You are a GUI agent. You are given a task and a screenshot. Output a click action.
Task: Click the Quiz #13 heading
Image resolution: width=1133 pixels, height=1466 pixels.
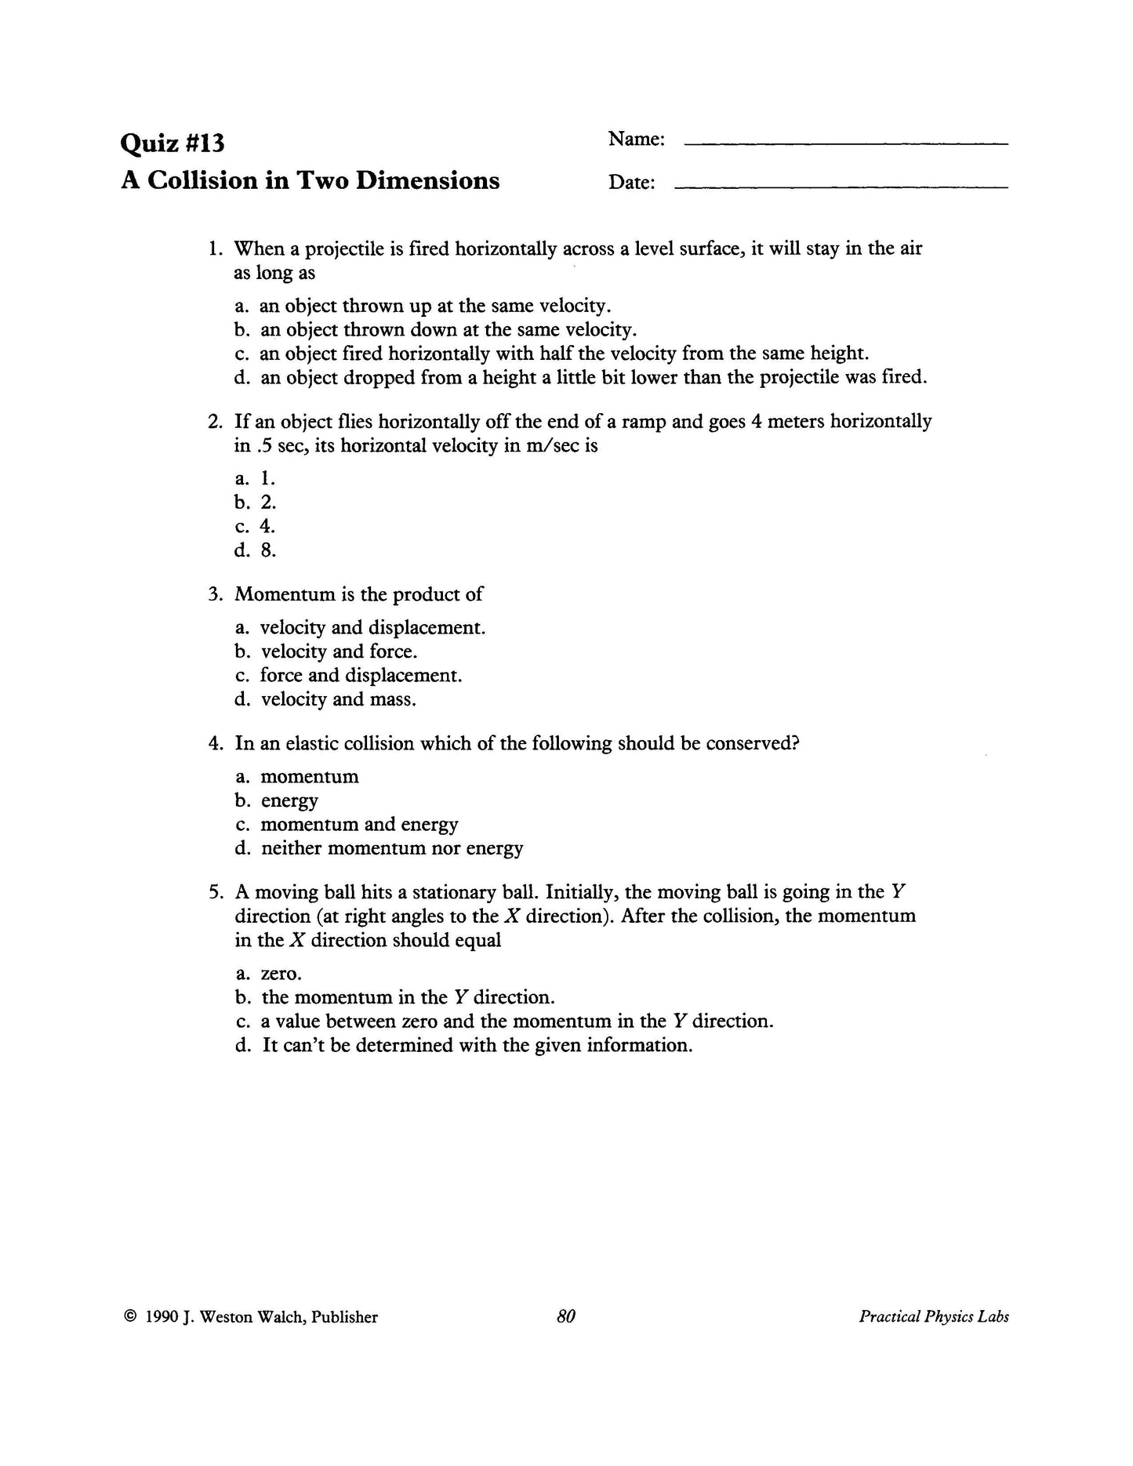point(172,143)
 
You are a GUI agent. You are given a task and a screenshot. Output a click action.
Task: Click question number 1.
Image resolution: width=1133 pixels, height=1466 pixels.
point(216,249)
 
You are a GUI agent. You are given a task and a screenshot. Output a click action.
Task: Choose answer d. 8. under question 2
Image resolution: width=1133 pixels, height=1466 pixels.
point(256,550)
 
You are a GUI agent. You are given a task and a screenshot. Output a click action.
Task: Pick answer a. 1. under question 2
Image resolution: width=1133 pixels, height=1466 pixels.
point(255,478)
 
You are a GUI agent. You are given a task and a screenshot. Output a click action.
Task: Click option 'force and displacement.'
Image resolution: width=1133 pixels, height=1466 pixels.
point(360,675)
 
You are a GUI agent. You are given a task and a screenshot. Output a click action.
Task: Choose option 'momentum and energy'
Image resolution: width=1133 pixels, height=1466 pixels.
point(358,825)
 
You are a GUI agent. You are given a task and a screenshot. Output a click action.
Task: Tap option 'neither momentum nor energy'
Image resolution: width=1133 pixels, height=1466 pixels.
point(391,848)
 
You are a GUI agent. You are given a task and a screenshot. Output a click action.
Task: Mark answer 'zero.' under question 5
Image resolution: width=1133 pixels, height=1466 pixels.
point(280,974)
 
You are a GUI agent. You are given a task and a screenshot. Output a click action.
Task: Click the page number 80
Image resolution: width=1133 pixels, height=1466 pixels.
point(566,1317)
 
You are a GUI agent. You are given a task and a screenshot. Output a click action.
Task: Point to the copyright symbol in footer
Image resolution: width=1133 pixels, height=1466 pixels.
point(130,1317)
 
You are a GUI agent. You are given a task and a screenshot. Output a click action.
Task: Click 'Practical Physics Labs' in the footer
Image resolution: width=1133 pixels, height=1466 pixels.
point(933,1317)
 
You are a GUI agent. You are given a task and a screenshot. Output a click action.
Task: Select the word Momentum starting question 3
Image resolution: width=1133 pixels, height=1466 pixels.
point(285,594)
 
